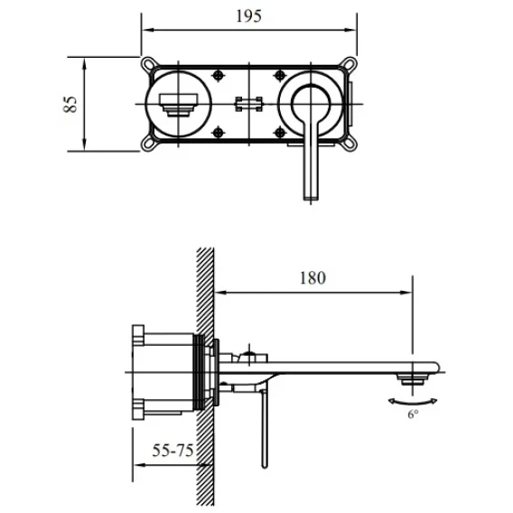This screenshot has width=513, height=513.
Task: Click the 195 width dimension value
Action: [x=248, y=16]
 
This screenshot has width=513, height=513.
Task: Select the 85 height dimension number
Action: [x=70, y=104]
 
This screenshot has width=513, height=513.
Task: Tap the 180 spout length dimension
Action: [x=312, y=278]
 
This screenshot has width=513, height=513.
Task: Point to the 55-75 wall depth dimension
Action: [x=173, y=450]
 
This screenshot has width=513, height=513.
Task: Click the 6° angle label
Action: [x=413, y=415]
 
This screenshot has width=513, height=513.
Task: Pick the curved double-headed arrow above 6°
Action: [x=413, y=403]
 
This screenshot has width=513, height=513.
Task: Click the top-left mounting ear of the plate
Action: [x=149, y=63]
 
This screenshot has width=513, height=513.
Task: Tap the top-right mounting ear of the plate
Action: [x=349, y=63]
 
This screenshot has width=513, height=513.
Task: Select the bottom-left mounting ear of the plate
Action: [x=149, y=144]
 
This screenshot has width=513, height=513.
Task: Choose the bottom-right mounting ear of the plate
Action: [x=348, y=144]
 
